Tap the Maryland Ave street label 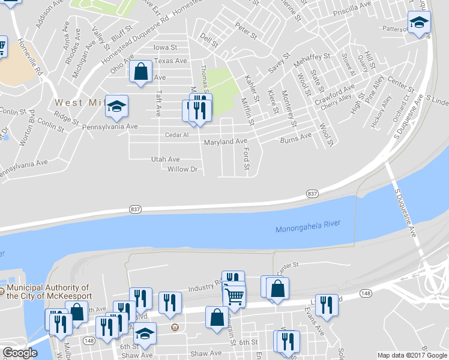pos(226,142)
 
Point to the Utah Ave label pos(166,159)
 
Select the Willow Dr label pos(182,169)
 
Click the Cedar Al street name pos(177,135)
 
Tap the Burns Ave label pos(296,137)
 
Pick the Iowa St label pos(165,47)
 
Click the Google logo pos(20,353)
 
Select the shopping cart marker pos(234,295)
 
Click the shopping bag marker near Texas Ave pos(140,72)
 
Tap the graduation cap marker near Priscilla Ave pos(418,23)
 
